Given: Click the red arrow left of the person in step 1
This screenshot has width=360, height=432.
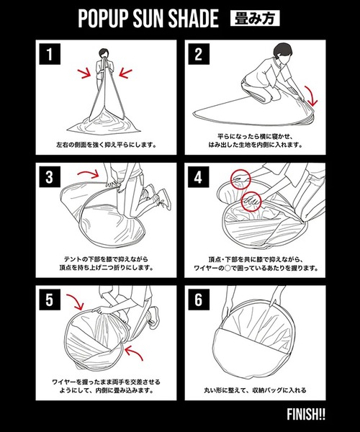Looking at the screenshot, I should click(87, 73).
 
